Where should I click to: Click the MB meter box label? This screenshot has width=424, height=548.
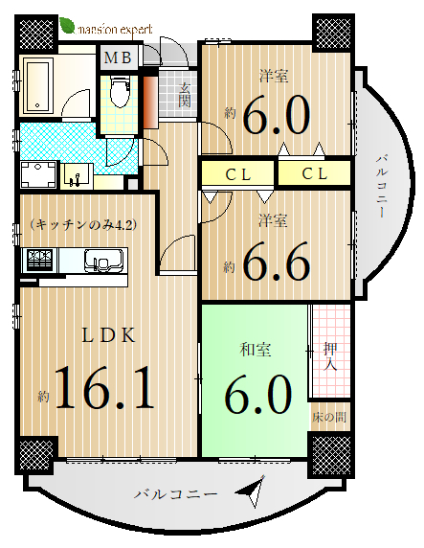pyautogui.click(x=118, y=57)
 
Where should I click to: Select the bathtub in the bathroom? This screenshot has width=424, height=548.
pyautogui.click(x=38, y=85)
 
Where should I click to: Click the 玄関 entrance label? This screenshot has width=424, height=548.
pyautogui.click(x=185, y=95)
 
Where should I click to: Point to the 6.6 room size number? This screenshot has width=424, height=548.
pyautogui.click(x=276, y=262)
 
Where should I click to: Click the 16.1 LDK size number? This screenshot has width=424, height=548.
pyautogui.click(x=104, y=387)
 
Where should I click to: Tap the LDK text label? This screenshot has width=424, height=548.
pyautogui.click(x=108, y=335)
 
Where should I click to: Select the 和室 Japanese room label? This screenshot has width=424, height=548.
pyautogui.click(x=256, y=350)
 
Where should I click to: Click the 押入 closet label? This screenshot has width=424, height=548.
pyautogui.click(x=329, y=355)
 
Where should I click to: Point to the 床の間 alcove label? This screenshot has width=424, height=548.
pyautogui.click(x=329, y=417)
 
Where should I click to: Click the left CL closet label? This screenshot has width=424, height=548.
pyautogui.click(x=238, y=174)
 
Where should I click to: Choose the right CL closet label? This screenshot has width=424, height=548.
pyautogui.click(x=315, y=173)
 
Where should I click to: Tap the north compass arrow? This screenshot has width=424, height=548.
pyautogui.click(x=252, y=491)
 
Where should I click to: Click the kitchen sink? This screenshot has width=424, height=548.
pyautogui.click(x=103, y=261)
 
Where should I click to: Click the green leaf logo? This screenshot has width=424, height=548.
pyautogui.click(x=67, y=26)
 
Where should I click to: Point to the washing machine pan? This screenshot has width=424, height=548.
pyautogui.click(x=38, y=174)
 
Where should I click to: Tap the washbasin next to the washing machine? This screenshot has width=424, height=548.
pyautogui.click(x=77, y=176)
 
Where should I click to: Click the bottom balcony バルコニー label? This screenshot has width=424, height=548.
pyautogui.click(x=176, y=494)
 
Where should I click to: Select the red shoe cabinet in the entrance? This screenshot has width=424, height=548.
pyautogui.click(x=151, y=103)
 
